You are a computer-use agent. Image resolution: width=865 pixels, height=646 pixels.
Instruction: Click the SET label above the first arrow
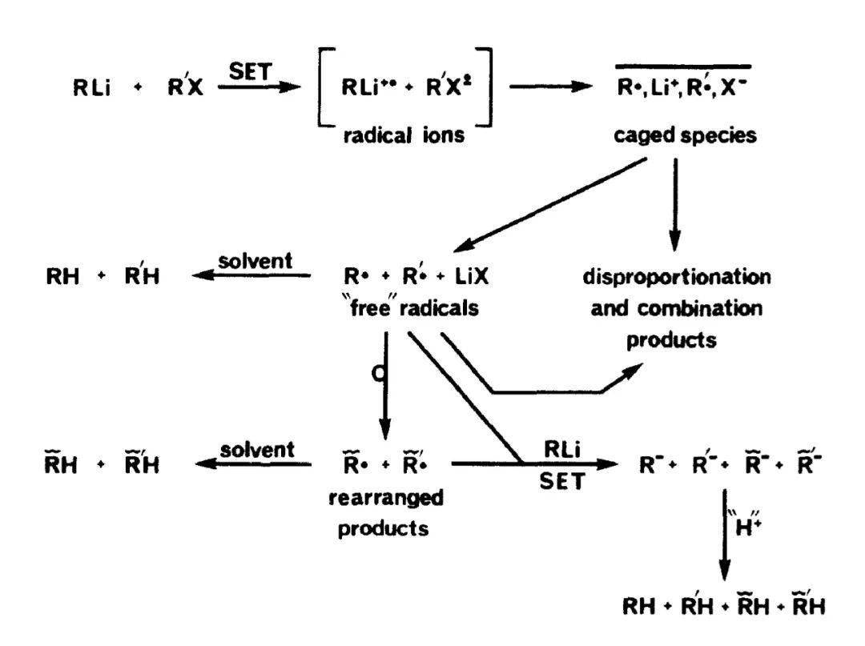[x=251, y=71]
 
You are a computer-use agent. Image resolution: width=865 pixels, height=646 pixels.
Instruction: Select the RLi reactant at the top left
[x=91, y=87]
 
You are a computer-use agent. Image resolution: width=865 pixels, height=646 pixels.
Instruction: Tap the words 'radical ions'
[x=403, y=135]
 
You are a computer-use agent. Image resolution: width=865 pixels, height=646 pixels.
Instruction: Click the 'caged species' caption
[x=685, y=135]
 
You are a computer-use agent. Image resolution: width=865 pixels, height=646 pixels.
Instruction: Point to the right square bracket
[x=488, y=87]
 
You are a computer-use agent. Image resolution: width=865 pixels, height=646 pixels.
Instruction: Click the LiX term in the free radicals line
[x=472, y=275]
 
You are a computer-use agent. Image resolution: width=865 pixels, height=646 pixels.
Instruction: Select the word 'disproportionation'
[x=677, y=276]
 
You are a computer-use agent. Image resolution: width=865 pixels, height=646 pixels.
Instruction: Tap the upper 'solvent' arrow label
[x=255, y=261]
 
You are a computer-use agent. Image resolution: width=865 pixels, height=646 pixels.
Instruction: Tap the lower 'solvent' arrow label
[x=257, y=450]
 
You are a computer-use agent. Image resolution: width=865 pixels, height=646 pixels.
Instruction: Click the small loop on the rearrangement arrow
[x=378, y=374]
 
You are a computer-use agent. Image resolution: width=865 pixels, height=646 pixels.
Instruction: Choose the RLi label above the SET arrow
[x=562, y=449]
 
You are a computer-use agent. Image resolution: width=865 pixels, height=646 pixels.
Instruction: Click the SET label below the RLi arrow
[x=561, y=482]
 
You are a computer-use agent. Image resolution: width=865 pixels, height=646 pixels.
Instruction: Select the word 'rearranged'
[x=385, y=498]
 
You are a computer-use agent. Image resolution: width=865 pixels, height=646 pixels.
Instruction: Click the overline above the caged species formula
[x=683, y=66]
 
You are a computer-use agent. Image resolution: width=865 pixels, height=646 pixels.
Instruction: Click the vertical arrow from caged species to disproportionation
[x=674, y=205]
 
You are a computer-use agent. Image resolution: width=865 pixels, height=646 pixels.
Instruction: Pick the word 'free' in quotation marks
[x=375, y=307]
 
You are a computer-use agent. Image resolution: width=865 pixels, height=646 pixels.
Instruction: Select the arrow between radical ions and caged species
[x=550, y=86]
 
